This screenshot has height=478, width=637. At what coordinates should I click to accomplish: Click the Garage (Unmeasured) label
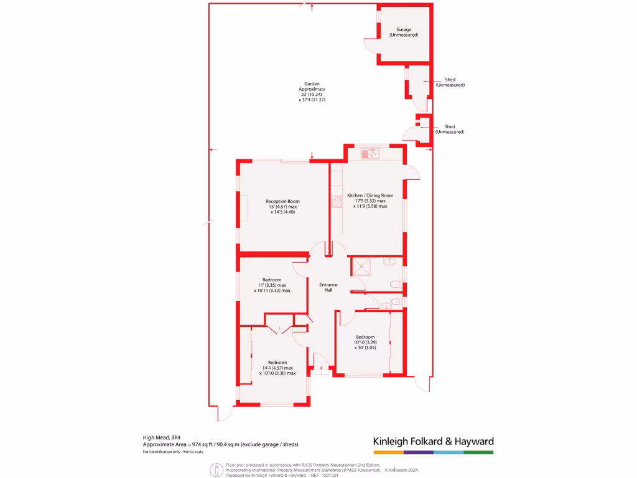pos(404,32)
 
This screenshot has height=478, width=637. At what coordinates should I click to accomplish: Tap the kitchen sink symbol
pos(370,152)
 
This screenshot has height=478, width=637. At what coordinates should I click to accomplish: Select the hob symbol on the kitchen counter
pos(337,202)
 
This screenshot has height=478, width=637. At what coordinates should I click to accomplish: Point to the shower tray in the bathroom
pos(362,267)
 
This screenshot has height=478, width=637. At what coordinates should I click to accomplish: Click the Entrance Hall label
pos(328,288)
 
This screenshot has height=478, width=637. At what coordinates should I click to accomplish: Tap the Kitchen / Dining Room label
pos(370,201)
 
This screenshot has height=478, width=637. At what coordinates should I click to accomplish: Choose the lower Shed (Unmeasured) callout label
pos(450,129)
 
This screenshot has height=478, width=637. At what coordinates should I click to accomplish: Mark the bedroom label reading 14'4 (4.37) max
pos(277,368)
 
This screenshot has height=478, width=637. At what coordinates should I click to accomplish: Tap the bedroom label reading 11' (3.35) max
pos(272,285)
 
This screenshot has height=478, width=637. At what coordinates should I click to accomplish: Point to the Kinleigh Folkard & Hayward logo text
pos(433,441)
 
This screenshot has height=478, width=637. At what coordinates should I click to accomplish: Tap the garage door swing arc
pos(370,49)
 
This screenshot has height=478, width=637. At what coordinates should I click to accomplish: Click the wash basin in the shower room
pos(390,262)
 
